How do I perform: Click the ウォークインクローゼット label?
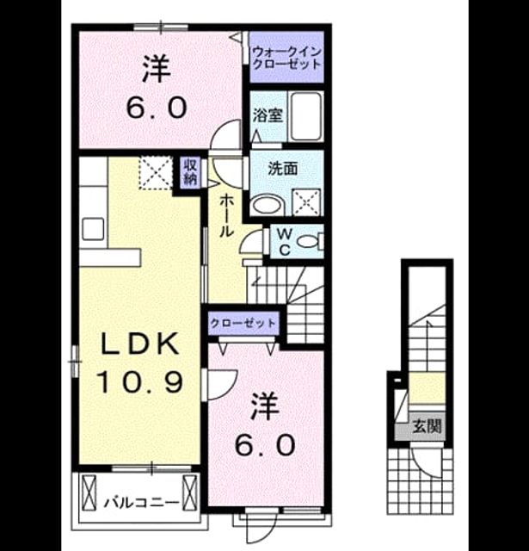pos(286,58)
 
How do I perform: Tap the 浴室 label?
pos(268,115)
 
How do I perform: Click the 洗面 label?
pos(283,169)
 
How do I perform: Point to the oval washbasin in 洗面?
pos(268,205)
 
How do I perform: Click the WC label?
pos(285,242)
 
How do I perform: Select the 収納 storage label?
pos(191,172)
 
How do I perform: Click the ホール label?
pos(226,217)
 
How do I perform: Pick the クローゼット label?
pos(243,323)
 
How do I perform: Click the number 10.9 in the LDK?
pos(139,382)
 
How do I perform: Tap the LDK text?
pos(139,344)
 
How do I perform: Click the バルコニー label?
pos(141,503)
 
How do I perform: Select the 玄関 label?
pos(427,426)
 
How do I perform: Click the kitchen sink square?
pos(93,229)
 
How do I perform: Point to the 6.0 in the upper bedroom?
pos(156,108)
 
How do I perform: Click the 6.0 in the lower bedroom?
pos(264,444)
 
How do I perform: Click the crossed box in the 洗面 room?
pos(307,202)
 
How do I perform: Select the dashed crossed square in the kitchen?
pos(156,172)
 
